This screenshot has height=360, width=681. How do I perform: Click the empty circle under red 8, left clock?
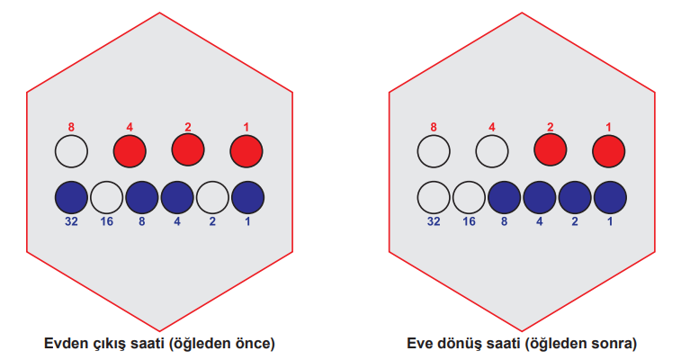click(x=71, y=151)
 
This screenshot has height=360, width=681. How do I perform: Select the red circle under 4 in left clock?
click(x=130, y=151)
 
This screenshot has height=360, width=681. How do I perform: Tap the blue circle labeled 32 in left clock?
click(x=71, y=198)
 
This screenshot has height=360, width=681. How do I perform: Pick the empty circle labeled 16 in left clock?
click(x=107, y=198)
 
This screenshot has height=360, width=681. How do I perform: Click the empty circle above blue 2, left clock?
click(x=212, y=198)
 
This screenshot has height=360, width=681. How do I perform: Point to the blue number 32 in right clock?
click(x=434, y=222)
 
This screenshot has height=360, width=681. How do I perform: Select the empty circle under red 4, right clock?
click(x=492, y=151)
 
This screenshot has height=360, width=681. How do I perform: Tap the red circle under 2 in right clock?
click(x=551, y=151)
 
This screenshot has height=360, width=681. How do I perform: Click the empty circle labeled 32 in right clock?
click(x=434, y=198)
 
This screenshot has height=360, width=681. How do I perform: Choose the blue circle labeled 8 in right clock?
click(x=505, y=198)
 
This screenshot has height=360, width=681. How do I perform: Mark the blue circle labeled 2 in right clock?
click(x=575, y=198)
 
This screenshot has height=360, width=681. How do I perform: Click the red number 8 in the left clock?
click(x=71, y=127)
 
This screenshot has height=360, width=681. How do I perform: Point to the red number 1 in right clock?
click(x=608, y=127)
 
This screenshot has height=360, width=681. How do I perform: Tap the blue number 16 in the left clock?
click(x=107, y=222)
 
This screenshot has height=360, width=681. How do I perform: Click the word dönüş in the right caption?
click(x=454, y=344)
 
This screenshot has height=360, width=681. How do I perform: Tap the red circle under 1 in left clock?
click(x=246, y=151)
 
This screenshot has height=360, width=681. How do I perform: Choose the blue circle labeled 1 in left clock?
click(x=247, y=198)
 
